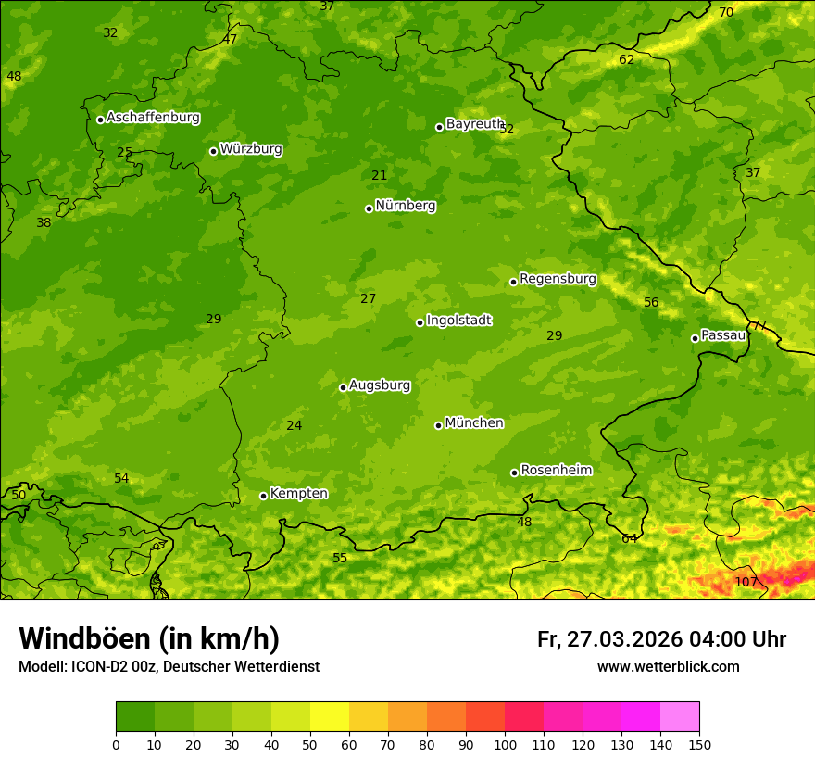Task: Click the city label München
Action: click(474, 423)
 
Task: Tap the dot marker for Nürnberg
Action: click(369, 208)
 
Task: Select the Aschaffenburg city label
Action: click(153, 118)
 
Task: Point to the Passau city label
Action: click(723, 335)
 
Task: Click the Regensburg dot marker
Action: click(513, 282)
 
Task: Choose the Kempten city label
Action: click(298, 494)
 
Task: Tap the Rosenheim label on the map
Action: click(556, 471)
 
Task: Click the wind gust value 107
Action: click(746, 582)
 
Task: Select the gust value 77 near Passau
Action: click(759, 325)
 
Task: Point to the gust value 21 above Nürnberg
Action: click(380, 175)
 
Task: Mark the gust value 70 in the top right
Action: click(726, 12)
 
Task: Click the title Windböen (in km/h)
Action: click(149, 638)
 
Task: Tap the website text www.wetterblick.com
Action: click(668, 666)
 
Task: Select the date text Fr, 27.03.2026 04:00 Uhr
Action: click(661, 639)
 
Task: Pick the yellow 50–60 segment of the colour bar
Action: click(330, 717)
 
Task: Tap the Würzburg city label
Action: click(251, 149)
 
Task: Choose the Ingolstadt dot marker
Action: click(420, 322)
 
